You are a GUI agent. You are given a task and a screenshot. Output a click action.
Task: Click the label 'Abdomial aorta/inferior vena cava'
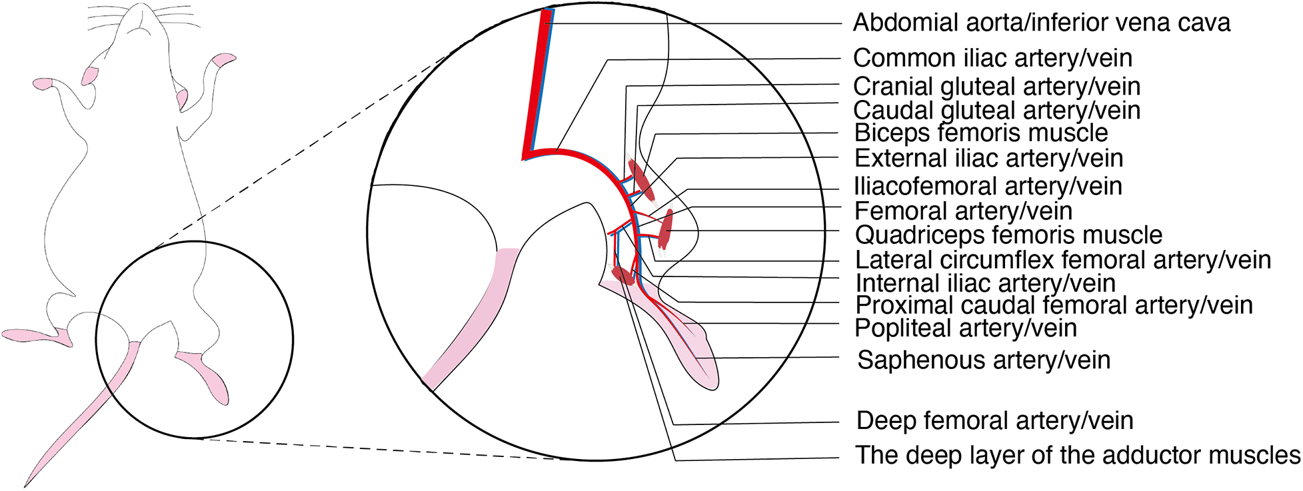(x=1041, y=23)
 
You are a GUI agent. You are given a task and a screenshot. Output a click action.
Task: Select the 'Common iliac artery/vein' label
(x=992, y=59)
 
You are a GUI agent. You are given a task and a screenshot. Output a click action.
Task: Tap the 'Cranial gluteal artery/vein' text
(x=996, y=87)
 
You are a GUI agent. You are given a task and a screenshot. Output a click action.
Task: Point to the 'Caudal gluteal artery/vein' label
(x=996, y=111)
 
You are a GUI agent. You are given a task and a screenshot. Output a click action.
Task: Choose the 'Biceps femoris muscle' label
(x=981, y=133)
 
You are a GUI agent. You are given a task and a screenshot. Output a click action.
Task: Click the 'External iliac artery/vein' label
(x=988, y=159)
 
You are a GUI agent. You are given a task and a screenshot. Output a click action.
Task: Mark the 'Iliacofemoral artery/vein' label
(x=988, y=187)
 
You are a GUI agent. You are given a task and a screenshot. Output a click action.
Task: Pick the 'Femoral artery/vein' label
(x=963, y=212)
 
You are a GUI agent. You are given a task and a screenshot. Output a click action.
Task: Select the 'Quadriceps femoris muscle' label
(x=1008, y=235)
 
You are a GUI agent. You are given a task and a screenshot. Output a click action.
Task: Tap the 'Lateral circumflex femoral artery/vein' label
(x=1063, y=260)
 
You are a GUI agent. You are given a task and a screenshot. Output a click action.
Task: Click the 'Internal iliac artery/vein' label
(x=985, y=284)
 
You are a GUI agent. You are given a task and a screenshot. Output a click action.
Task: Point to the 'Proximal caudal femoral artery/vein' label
(x=1054, y=306)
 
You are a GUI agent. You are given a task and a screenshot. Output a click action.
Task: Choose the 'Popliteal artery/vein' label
(x=966, y=328)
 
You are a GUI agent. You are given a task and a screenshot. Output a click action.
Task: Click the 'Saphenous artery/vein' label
(x=984, y=360)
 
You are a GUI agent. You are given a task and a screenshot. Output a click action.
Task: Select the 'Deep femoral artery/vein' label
(x=994, y=421)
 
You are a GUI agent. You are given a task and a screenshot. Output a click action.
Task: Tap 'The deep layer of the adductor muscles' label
(x=1078, y=456)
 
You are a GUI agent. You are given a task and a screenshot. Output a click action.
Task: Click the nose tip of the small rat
(x=141, y=8)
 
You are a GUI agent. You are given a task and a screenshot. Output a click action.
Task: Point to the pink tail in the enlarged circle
(x=467, y=320)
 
